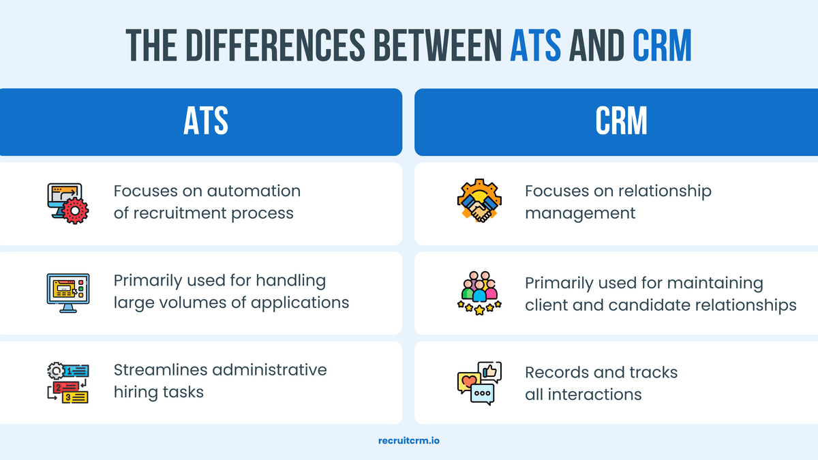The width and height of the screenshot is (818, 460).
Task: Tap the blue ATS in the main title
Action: pos(536,45)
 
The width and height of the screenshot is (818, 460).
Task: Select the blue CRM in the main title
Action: pos(661,45)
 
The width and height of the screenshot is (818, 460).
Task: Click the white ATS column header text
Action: pos(206,122)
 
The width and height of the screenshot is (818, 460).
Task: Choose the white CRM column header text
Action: pos(621,122)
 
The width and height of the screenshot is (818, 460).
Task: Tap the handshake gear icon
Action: pos(479,202)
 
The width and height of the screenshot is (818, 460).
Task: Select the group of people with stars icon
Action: pos(479,293)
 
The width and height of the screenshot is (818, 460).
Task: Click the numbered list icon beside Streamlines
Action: pos(67,382)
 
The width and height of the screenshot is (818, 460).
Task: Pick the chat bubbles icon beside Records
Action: pos(479,382)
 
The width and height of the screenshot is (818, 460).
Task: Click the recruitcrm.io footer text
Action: pos(409,440)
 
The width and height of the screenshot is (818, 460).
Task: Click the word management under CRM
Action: pos(580,213)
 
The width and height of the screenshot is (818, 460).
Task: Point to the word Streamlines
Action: pos(160,370)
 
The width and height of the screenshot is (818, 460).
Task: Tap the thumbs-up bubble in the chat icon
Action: pos(489,371)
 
